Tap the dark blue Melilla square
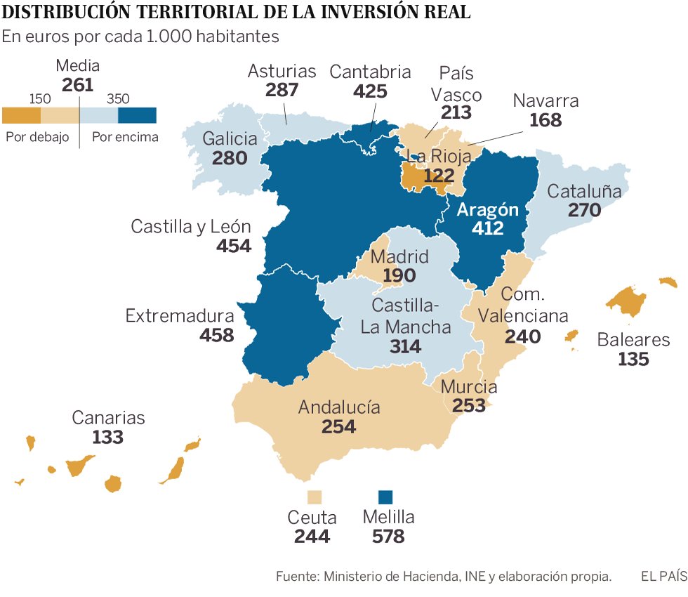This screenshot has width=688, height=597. click(385, 497)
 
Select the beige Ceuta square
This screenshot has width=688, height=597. click(315, 497)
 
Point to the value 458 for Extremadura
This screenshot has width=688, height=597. click(216, 335)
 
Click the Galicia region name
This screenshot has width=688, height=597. click(230, 138)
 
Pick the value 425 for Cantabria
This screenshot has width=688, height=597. click(370, 91)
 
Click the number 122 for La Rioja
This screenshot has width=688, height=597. click(439, 175)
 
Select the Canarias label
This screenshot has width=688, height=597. click(108, 418)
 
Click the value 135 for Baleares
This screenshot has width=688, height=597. click(633, 359)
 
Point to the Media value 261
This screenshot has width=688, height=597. click(77, 85)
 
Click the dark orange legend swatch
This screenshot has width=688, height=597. click(21, 115)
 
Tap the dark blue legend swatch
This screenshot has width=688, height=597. click(137, 115)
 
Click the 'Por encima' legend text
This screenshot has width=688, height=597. click(125, 137)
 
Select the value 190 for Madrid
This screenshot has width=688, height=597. click(399, 276)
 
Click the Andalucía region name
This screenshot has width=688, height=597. click(339, 407)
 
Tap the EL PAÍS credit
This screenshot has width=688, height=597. click(663, 577)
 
